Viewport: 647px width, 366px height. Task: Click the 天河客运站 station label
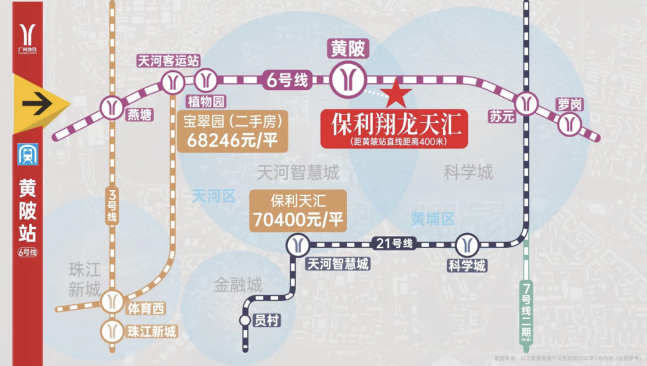click(168, 61)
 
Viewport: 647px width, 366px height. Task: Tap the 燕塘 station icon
click(112, 108)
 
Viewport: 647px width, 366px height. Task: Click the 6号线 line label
click(286, 79)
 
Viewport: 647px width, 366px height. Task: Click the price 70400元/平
click(298, 220)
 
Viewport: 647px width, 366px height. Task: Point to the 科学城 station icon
click(467, 244)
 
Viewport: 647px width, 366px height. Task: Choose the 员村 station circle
click(245, 320)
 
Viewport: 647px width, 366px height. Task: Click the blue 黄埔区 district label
click(433, 219)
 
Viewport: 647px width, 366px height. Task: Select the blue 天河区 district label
click(214, 195)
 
